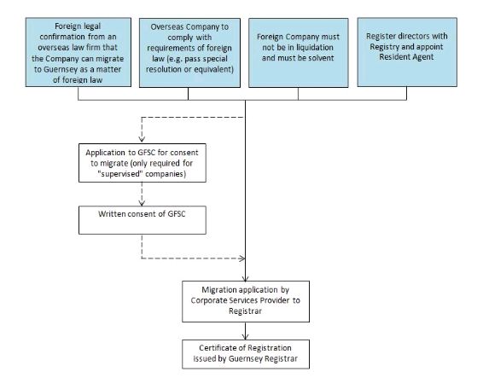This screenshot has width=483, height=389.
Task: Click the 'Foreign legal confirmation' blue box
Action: point(79,52)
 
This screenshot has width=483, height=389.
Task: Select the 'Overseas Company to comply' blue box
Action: point(189,53)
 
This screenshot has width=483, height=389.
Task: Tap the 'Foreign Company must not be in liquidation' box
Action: point(299,53)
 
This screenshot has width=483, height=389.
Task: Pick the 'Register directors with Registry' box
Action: point(407,52)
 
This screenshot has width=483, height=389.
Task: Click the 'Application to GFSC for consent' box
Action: point(143,163)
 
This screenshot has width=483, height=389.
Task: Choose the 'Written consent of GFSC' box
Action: point(143,220)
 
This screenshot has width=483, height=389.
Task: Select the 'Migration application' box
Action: point(246,301)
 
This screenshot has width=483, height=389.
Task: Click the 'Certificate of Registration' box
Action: point(246,354)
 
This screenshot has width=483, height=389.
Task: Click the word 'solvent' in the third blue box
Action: point(322,58)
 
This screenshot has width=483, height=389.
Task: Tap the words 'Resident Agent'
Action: point(406,57)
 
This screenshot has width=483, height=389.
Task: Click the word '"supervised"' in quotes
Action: point(120,174)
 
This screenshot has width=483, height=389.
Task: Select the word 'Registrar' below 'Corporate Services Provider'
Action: point(245,311)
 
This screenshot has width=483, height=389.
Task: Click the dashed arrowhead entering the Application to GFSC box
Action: point(142,139)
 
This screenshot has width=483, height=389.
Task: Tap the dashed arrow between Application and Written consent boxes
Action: point(142,194)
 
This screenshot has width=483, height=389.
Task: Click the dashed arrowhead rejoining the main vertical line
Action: point(242,258)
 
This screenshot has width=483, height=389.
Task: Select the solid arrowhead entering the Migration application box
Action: point(245,278)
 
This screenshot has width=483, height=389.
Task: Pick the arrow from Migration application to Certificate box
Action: point(245,331)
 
